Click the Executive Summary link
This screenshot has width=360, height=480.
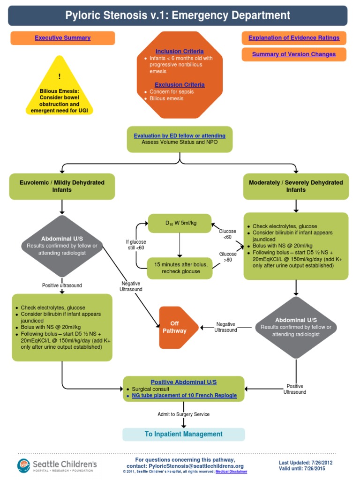click(x=62, y=38)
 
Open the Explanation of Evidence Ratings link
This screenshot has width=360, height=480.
click(x=294, y=38)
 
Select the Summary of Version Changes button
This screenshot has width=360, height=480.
click(x=294, y=54)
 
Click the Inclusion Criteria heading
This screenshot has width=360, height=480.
click(x=180, y=51)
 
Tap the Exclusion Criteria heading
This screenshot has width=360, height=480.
click(x=180, y=85)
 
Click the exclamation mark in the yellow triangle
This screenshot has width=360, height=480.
click(x=60, y=76)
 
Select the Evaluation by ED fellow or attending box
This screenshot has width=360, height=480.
click(x=180, y=136)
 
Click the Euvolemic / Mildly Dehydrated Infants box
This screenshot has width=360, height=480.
click(x=62, y=186)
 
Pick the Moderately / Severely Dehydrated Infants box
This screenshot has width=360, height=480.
click(x=296, y=186)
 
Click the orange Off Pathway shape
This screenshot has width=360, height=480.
click(x=174, y=327)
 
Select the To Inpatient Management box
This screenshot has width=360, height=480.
click(x=183, y=434)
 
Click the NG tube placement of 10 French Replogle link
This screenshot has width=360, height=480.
click(x=184, y=396)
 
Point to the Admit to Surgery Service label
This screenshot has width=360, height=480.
click(x=183, y=414)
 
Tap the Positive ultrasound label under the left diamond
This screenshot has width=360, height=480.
click(x=62, y=285)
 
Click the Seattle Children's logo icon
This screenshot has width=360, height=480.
click(x=24, y=465)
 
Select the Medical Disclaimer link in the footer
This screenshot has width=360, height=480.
click(x=231, y=472)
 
